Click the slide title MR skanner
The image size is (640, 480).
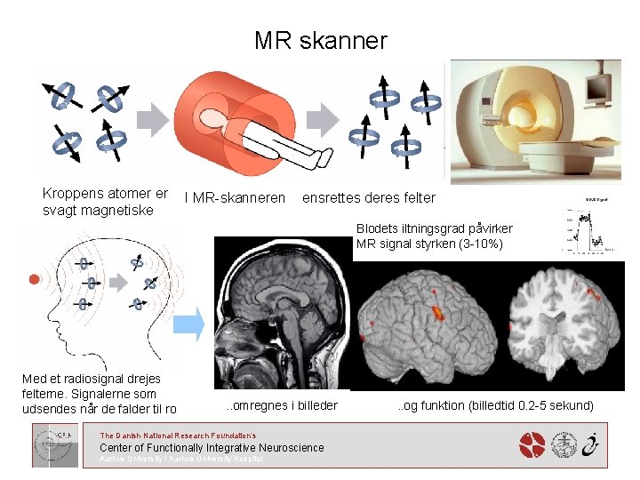320,41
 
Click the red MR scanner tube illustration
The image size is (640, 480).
232,120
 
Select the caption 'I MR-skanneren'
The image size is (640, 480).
235,197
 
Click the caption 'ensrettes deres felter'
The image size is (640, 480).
369,197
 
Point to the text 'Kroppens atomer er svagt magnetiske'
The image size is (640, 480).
105,201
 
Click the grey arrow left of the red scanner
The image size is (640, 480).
157,119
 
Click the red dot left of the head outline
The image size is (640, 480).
34,279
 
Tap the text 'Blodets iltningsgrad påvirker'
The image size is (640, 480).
435,228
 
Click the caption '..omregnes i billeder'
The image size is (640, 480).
281,405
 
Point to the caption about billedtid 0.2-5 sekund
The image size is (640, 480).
495,405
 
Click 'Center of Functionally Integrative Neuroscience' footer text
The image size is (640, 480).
212,447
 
